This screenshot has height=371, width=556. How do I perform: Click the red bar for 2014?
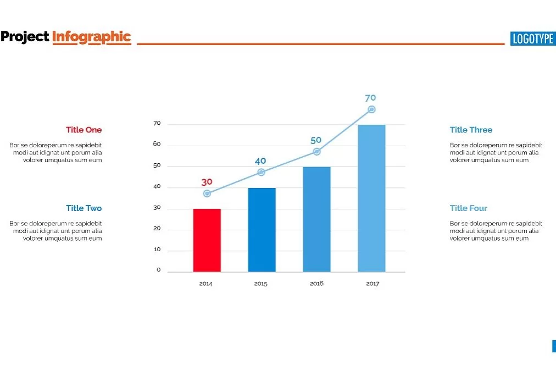(207, 240)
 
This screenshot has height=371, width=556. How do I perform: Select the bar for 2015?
(262, 230)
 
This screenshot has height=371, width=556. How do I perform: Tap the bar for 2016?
(316, 219)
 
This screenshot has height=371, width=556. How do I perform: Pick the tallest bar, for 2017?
(371, 198)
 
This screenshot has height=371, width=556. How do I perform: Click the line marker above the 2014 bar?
(207, 193)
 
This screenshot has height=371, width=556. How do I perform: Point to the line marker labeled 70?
(371, 109)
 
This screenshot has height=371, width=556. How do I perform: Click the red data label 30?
(207, 182)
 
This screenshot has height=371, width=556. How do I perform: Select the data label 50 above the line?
(316, 140)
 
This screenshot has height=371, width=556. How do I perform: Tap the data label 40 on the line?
(260, 161)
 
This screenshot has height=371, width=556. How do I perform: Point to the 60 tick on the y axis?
(157, 145)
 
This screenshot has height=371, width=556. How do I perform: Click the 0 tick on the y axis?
(159, 270)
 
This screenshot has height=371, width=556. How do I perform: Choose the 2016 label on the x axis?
(316, 284)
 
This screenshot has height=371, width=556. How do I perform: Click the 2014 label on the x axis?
(206, 284)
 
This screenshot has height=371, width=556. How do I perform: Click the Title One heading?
(84, 130)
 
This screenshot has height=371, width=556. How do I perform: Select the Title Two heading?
(84, 208)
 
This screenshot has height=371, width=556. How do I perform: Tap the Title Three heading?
(471, 130)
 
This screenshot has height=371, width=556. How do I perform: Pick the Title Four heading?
(468, 208)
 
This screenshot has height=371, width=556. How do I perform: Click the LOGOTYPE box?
(532, 38)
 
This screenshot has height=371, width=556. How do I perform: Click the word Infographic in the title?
(91, 37)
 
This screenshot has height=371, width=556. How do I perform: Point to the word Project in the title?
(25, 37)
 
